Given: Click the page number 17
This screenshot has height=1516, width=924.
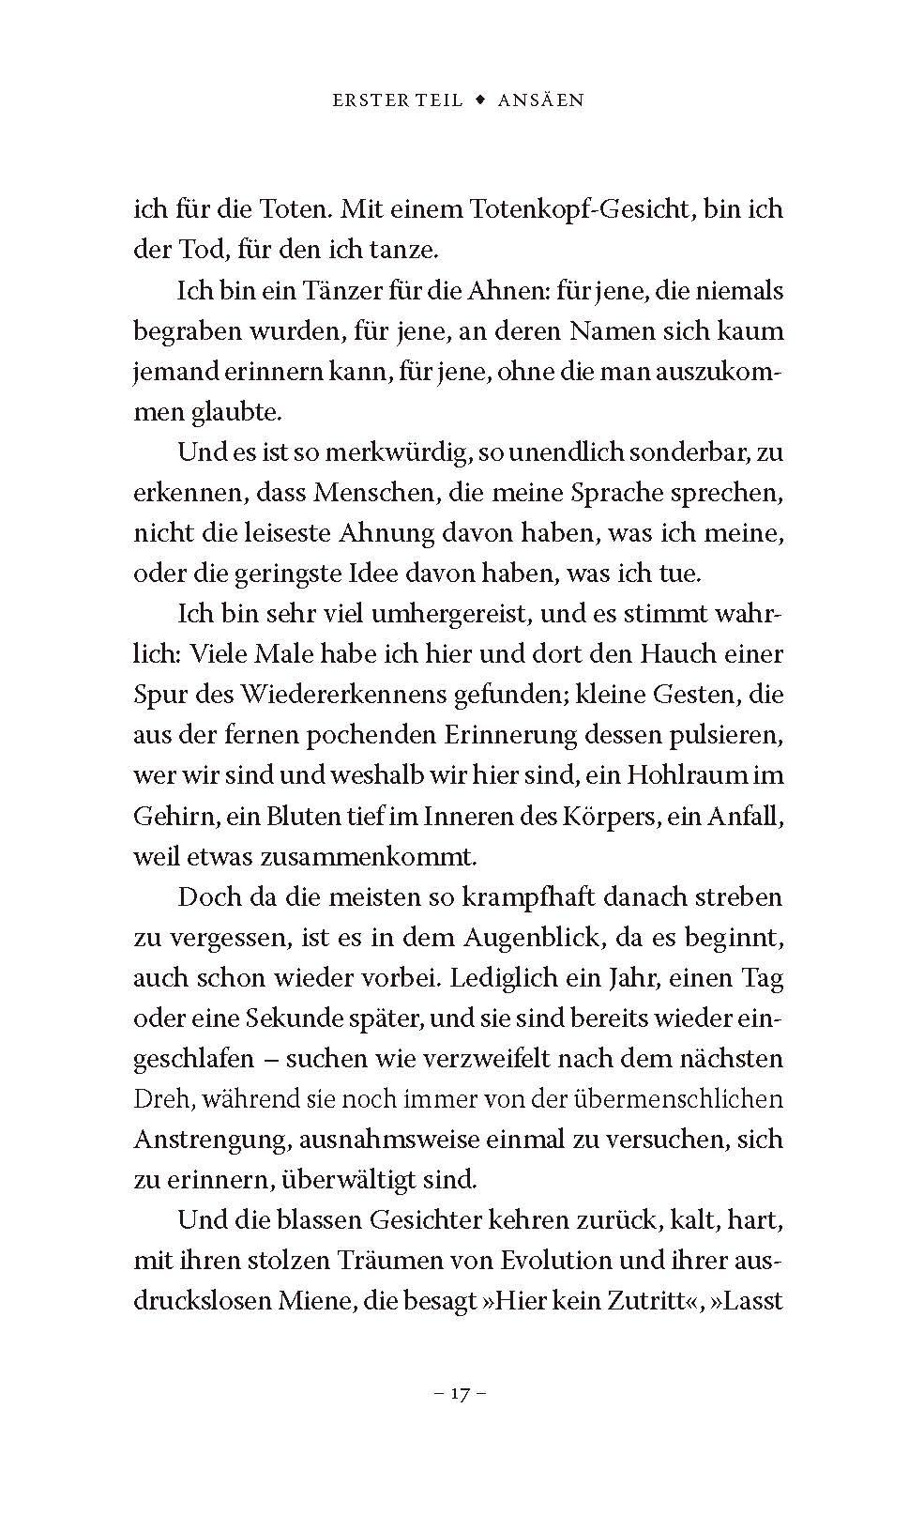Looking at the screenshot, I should tap(459, 1394).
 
